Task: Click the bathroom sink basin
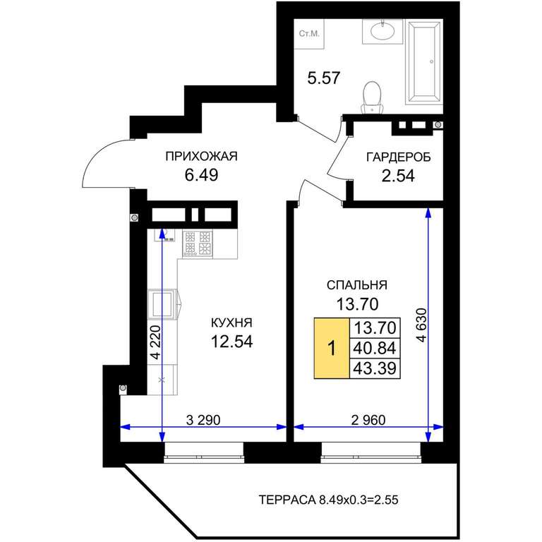click(x=383, y=32)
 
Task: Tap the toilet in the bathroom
click(x=372, y=97)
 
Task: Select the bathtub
click(x=424, y=62)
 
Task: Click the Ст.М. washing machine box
click(x=309, y=34)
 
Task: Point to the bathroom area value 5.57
click(x=324, y=78)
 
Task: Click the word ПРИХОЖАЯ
click(x=202, y=156)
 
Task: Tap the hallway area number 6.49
click(x=201, y=175)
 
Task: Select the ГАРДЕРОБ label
click(x=399, y=157)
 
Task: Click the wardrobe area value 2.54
click(x=398, y=176)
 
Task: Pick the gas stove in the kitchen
click(x=198, y=243)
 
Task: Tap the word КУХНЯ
click(x=231, y=323)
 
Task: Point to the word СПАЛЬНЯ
click(x=357, y=285)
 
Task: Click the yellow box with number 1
click(x=332, y=348)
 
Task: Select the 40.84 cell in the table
click(x=375, y=348)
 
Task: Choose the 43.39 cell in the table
click(x=375, y=368)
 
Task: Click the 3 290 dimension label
click(x=203, y=420)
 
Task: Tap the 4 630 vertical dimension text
click(x=422, y=325)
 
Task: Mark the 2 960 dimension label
click(x=368, y=420)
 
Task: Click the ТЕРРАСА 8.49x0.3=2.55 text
click(x=328, y=500)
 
